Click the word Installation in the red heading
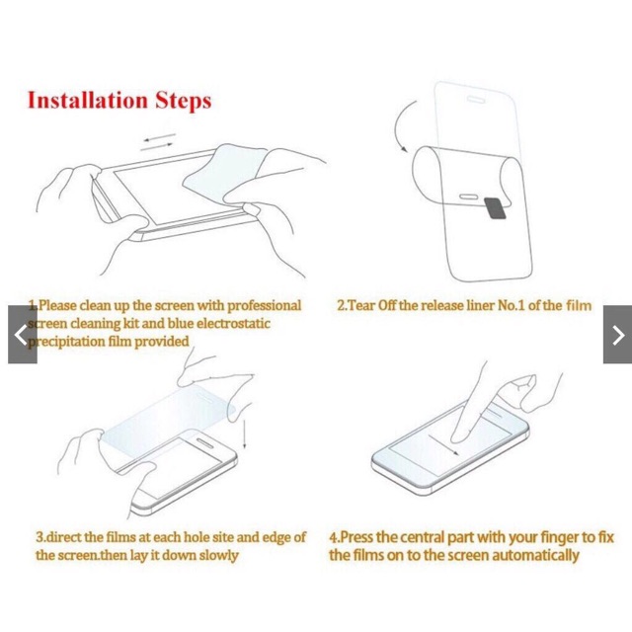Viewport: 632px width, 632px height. pos(88,101)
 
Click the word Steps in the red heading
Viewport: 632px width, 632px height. pos(184,101)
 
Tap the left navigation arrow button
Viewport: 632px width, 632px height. pos(23,335)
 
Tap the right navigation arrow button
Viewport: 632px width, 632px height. pos(617,335)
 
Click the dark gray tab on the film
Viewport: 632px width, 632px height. pos(495,208)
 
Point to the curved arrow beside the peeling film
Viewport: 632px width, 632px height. pos(401,125)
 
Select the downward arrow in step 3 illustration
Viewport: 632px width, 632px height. pos(244,434)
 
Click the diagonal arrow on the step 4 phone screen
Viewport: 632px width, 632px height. pos(443,445)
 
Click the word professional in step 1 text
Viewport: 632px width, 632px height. pos(264,306)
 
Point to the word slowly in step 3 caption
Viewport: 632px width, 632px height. pos(219,555)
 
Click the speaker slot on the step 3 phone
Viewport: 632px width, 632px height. pos(204,443)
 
